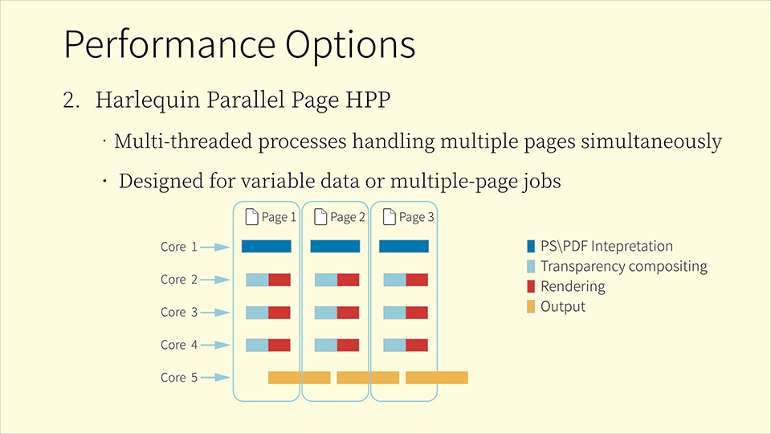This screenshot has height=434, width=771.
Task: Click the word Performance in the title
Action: pos(169,44)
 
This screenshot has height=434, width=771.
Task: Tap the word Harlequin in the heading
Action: pos(148,100)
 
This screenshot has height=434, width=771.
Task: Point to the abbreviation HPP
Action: pos(368,100)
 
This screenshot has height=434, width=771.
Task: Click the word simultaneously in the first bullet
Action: pos(651,141)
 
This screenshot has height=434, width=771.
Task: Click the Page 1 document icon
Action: pos(251,216)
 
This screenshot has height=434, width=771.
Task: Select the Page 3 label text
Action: pos(416,217)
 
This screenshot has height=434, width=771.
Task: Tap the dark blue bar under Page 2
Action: pos(335,246)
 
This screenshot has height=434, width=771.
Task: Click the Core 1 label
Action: pos(179,247)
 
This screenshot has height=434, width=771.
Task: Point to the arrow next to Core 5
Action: pos(215,378)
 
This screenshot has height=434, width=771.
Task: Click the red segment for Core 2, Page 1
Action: pos(279,280)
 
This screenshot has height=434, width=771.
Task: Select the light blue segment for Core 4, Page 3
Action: pos(394,345)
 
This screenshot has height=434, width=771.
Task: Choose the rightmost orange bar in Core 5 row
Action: pos(437,378)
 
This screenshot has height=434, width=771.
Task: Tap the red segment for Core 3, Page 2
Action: pos(348,313)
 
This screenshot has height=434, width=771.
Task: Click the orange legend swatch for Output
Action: pos(531,306)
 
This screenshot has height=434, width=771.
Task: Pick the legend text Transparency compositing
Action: pos(624,266)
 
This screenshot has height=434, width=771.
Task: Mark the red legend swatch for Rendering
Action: pos(531,286)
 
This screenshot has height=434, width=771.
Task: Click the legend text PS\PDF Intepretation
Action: pos(607,246)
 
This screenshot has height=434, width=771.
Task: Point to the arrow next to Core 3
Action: pos(215,313)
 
